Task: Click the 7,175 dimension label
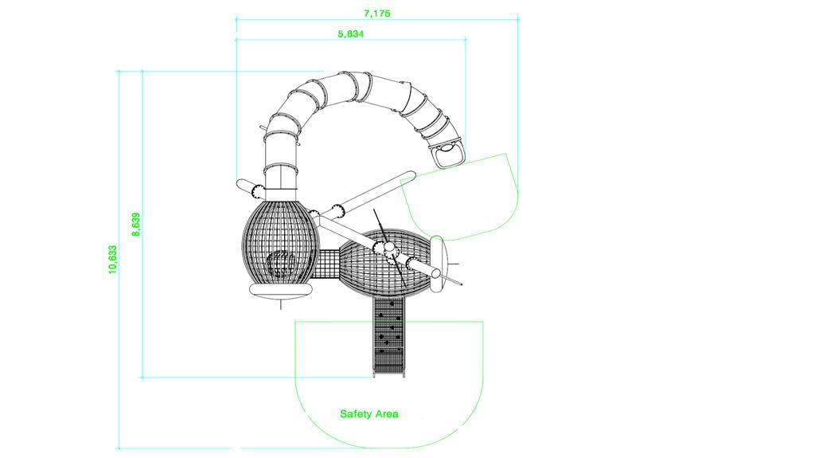(376, 13)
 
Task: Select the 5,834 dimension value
(351, 33)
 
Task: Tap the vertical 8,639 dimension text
(136, 225)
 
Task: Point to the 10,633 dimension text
(113, 259)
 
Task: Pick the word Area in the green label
(386, 414)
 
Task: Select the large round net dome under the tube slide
(281, 242)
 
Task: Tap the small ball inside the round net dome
(281, 264)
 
